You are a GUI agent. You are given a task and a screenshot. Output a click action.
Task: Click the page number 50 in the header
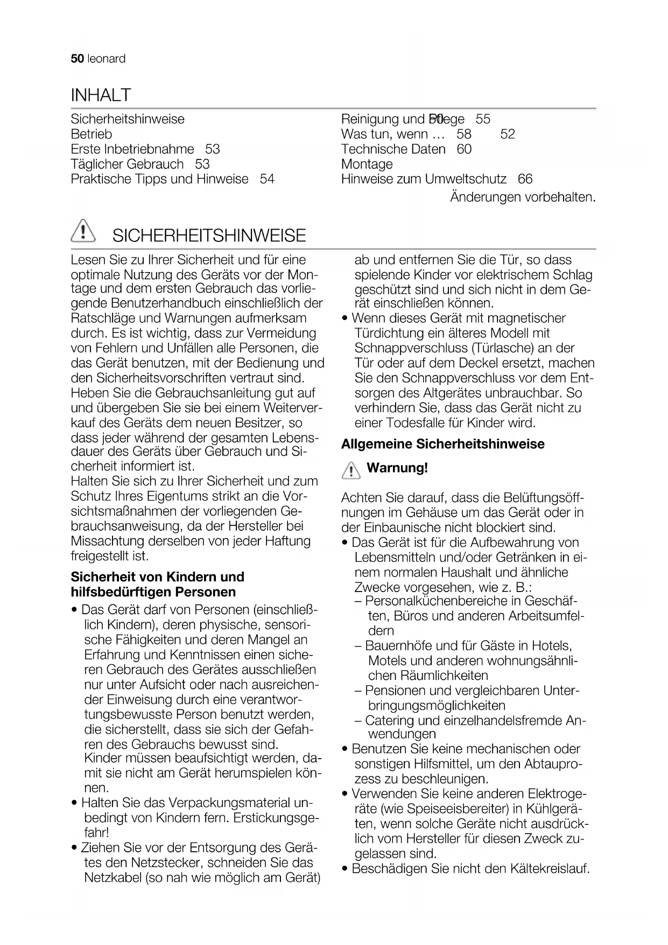point(77,59)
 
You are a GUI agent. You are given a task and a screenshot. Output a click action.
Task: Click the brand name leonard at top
point(106,59)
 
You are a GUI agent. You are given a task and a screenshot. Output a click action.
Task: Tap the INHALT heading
point(101,95)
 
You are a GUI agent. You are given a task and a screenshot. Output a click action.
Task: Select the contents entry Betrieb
point(92,134)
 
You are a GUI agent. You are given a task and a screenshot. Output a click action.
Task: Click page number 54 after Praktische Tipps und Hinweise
point(267,179)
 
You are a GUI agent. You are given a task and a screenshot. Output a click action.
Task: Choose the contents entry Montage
point(367,164)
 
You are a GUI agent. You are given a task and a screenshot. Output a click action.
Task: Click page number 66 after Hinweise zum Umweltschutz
point(525,179)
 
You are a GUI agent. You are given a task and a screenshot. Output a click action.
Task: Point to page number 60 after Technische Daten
point(464,149)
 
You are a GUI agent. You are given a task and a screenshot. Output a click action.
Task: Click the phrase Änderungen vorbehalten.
point(523,197)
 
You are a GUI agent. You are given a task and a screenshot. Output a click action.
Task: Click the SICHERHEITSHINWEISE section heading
point(209,235)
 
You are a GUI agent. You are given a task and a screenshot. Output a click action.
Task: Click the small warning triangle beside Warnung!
point(350,471)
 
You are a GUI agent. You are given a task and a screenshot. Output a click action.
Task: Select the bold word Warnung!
point(397,468)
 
